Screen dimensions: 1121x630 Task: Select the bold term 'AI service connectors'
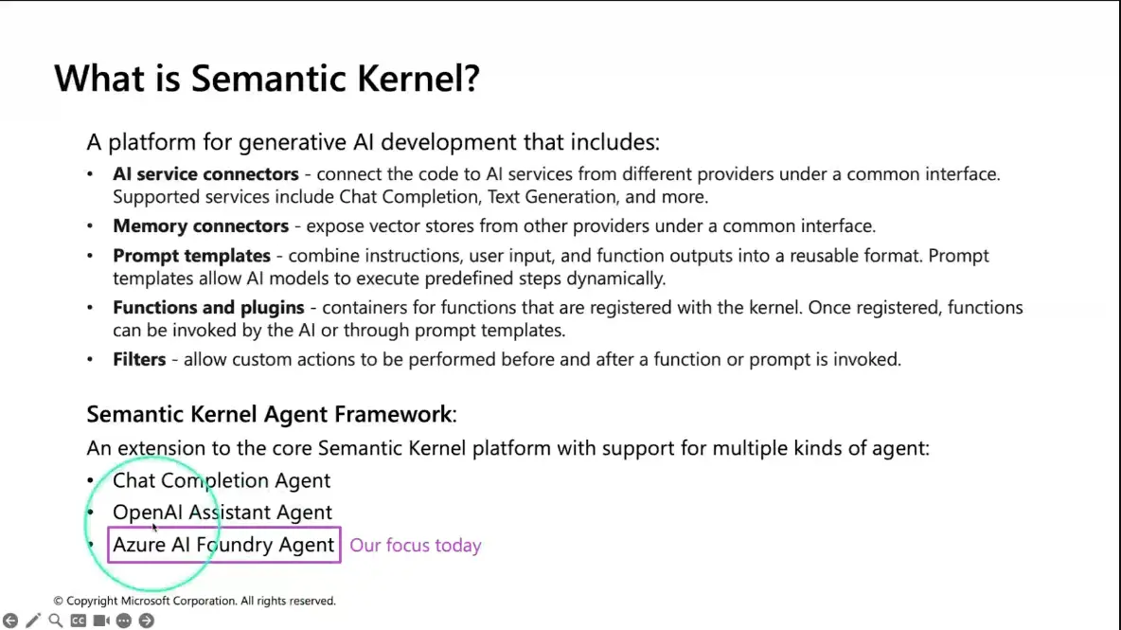coord(205,173)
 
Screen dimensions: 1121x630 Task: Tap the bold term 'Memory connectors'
coord(201,226)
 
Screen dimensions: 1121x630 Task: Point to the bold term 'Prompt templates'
coord(191,256)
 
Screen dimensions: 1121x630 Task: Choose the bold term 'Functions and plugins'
coord(208,308)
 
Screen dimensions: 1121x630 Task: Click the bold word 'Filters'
coord(139,359)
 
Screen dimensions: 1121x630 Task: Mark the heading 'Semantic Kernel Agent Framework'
coord(270,414)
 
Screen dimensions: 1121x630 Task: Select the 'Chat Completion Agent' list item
coord(222,480)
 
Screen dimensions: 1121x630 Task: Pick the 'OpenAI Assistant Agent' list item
coord(222,512)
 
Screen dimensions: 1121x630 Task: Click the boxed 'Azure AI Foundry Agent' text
coord(223,545)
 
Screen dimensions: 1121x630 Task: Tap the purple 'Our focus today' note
coord(416,546)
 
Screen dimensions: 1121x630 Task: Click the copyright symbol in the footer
coord(58,601)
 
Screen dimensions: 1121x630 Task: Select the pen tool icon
coord(33,621)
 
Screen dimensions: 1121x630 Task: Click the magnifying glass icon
coord(56,621)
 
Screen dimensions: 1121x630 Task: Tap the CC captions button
coord(79,621)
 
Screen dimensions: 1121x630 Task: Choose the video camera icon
coord(101,621)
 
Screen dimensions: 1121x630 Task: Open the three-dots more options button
coord(124,621)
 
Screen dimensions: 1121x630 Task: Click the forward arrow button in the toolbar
coord(147,621)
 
